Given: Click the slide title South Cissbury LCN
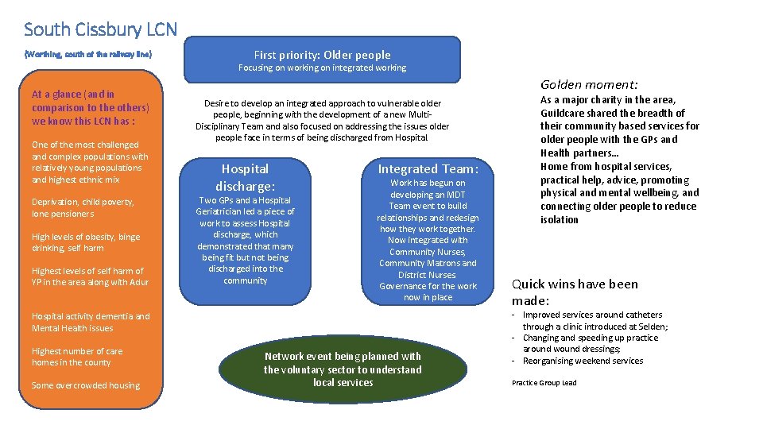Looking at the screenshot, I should click(x=101, y=29).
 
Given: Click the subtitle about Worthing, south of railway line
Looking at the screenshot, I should click(x=87, y=54).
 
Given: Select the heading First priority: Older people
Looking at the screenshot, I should click(x=322, y=55).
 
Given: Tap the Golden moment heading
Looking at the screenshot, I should click(x=589, y=84).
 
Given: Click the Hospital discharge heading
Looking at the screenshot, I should click(x=245, y=177).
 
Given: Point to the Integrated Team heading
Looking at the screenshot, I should click(x=428, y=168).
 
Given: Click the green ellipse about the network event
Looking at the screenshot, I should click(x=343, y=369).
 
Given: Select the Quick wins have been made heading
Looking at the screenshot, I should click(x=574, y=292).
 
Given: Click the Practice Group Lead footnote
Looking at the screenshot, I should click(x=544, y=383).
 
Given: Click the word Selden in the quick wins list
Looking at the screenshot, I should click(x=648, y=327).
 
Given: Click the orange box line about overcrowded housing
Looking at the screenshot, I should click(x=86, y=385).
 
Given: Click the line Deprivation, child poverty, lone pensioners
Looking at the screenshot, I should click(x=83, y=207).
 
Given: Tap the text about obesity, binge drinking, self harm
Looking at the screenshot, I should click(x=86, y=242).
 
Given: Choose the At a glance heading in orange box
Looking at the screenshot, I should click(x=90, y=107).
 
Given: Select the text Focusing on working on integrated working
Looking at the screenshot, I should click(x=322, y=68).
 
